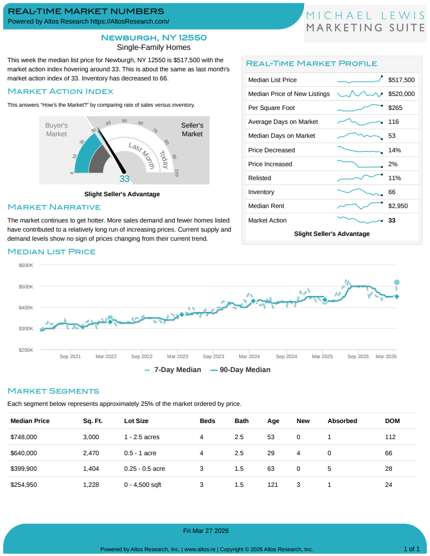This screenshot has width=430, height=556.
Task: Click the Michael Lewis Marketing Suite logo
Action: pos(366,21)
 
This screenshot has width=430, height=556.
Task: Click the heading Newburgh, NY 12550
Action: pos(154,38)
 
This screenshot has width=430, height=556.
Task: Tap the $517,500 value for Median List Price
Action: pos(402,80)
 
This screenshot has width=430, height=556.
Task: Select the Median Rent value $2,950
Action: pos(398,206)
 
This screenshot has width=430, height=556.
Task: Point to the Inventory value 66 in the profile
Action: pos(392,192)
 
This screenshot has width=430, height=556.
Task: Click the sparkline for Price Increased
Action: pos(359,164)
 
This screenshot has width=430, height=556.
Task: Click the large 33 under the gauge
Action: pos(124,179)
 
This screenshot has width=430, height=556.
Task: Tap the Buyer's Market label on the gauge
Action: pos(56,129)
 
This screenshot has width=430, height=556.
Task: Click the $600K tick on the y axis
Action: pos(26,265)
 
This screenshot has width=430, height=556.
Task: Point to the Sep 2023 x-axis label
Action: pos(214,356)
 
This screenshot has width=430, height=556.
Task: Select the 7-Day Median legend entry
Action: pos(173,369)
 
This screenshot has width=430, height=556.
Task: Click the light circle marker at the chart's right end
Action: pos(397,282)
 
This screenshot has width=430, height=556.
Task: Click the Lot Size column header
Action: pos(136,421)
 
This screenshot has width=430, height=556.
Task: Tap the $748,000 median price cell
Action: pos(24,437)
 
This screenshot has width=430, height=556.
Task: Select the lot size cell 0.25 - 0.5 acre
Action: pos(144,469)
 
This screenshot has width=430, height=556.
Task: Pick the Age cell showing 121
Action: pos(273,485)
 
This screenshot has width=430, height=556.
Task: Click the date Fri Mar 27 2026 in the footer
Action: pos(206,531)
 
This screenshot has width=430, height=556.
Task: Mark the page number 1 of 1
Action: pos(411,549)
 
